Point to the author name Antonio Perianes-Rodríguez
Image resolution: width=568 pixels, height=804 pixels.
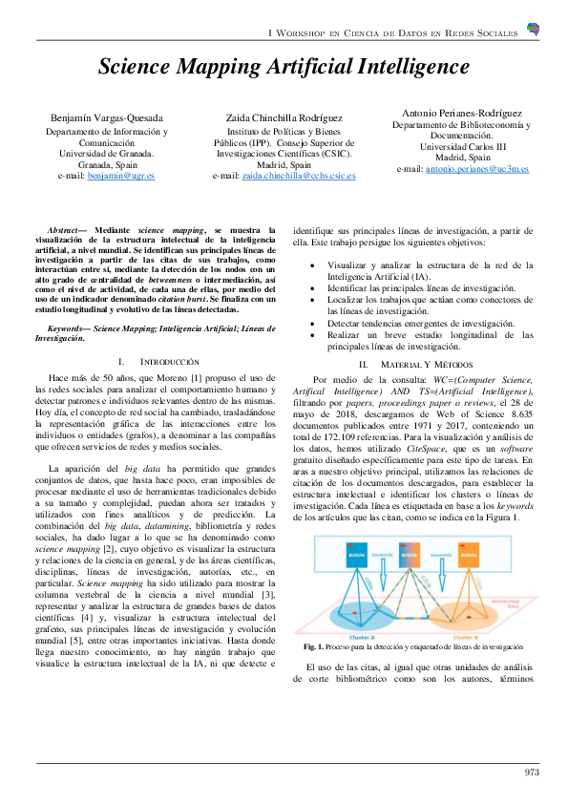click(463, 111)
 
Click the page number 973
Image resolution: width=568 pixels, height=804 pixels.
click(533, 772)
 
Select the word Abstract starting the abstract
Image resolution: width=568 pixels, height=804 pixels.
click(66, 230)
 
